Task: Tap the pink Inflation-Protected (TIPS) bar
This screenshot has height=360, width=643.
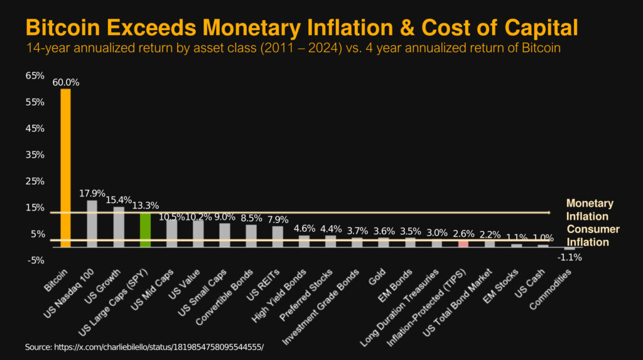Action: (x=463, y=244)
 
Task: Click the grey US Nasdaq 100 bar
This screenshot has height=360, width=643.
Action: (x=92, y=223)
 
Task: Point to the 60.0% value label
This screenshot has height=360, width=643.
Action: (x=65, y=82)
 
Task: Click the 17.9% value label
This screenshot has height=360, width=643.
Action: (x=92, y=194)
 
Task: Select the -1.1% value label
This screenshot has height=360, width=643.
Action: (x=569, y=256)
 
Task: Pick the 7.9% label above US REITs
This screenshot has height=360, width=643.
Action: (x=278, y=220)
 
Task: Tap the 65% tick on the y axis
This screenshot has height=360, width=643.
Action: (x=35, y=75)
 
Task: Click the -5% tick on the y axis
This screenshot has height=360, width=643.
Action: (x=35, y=260)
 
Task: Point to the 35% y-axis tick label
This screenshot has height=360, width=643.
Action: (x=35, y=155)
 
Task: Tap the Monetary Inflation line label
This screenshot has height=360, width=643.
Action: (x=589, y=210)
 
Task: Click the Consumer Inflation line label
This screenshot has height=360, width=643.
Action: (x=593, y=236)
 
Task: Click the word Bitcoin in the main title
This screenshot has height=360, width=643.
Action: (x=63, y=28)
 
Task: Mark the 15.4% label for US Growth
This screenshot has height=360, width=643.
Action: (x=119, y=200)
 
